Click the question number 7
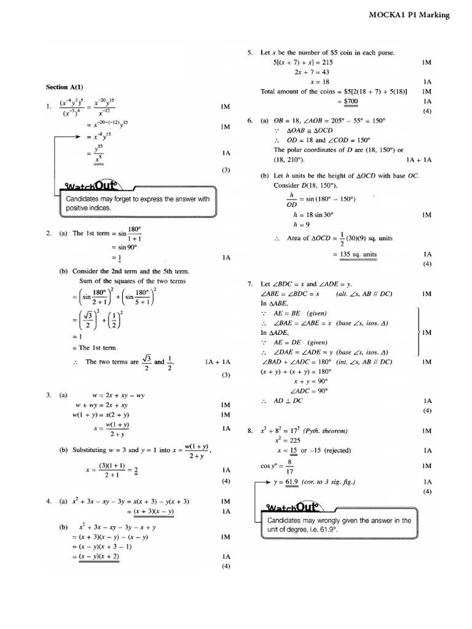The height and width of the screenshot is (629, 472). (250, 284)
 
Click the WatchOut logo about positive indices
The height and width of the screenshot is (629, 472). (92, 187)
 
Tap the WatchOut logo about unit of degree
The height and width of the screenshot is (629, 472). (292, 508)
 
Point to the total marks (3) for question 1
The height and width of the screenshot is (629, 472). (226, 170)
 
